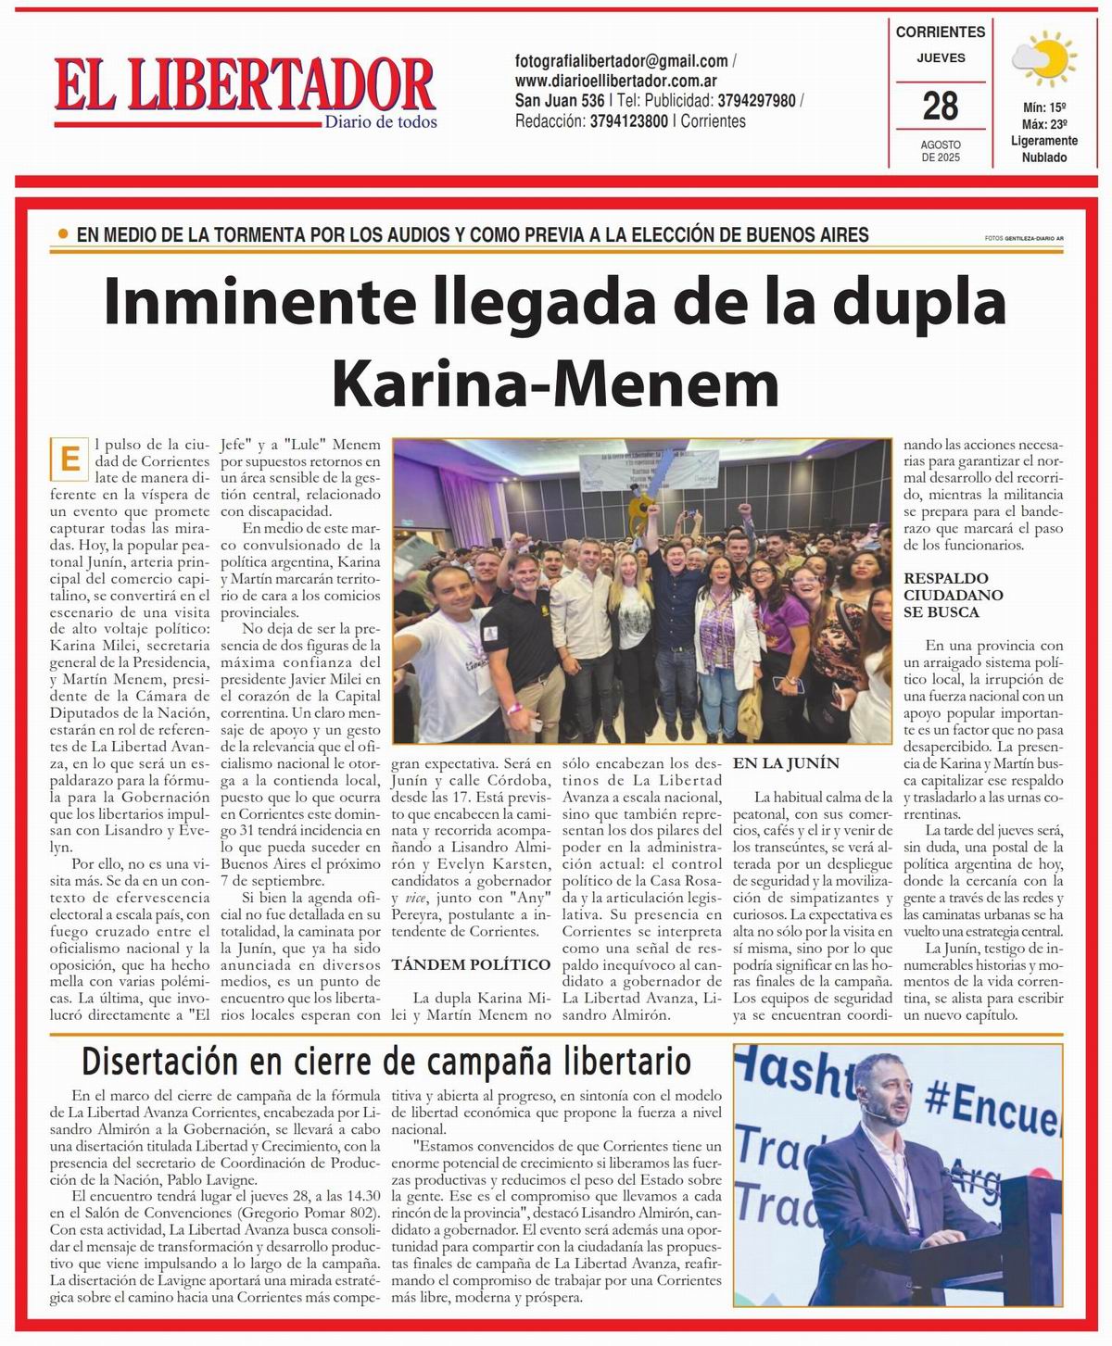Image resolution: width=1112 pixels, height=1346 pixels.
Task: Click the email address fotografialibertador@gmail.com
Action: (621, 61)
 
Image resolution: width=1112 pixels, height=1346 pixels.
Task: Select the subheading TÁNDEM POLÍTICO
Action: (471, 964)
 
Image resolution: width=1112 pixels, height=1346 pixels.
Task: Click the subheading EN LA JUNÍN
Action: (786, 763)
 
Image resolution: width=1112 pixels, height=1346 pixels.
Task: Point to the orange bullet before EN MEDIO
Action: (63, 234)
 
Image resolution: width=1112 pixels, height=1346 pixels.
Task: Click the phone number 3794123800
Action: (628, 121)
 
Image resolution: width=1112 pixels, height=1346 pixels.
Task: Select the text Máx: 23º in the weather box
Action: (1044, 124)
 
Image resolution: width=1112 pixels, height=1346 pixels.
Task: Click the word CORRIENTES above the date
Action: (941, 31)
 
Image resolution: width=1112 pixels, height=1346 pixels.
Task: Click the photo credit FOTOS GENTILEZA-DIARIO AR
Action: (1024, 238)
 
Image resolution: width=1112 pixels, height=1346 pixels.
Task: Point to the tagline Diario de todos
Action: (381, 122)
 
